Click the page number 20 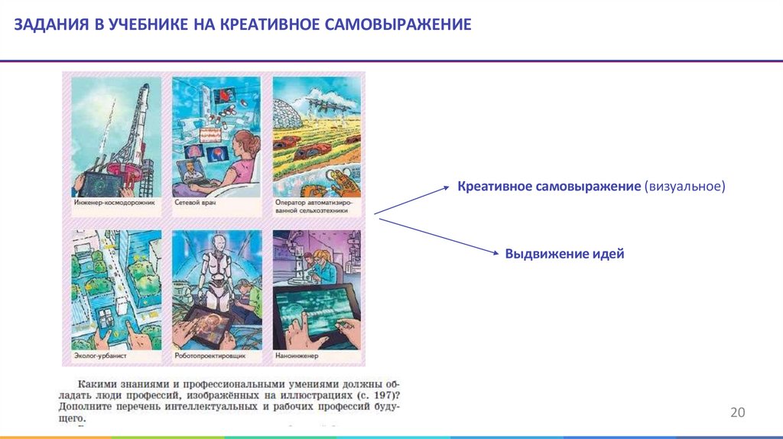click(737, 413)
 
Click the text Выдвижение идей click(564, 254)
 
